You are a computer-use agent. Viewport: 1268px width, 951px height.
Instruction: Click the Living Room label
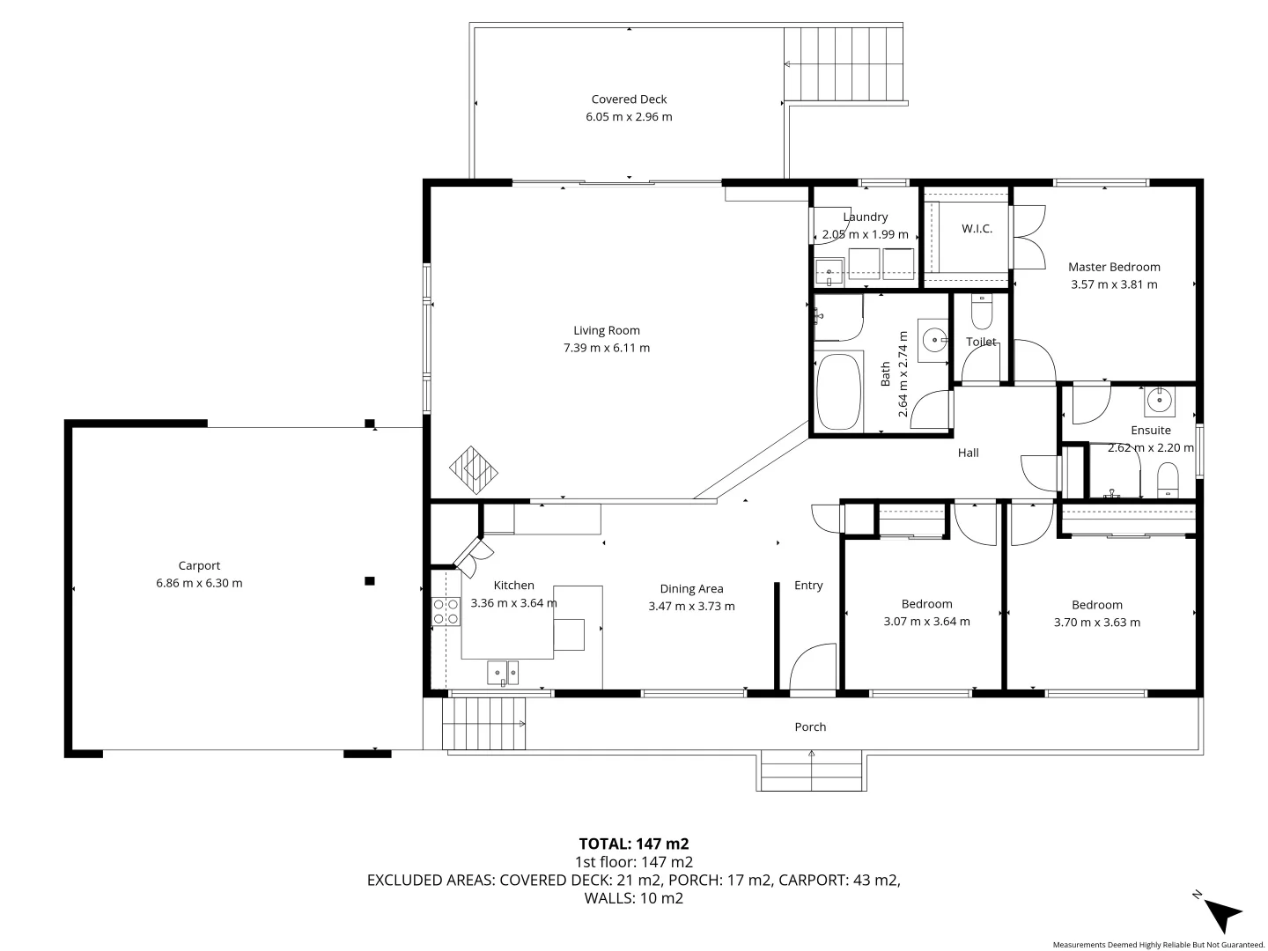coord(607,331)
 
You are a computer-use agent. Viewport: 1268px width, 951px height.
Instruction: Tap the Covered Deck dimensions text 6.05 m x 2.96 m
coord(629,117)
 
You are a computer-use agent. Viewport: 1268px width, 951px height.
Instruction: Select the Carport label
coord(199,566)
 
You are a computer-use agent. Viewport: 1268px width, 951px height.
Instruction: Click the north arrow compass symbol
coord(1221,913)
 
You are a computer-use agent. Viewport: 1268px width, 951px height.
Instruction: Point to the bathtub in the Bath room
coord(837,391)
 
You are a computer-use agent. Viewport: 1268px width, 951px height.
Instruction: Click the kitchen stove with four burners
coord(446,611)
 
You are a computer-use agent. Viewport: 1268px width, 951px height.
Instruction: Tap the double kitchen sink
coord(504,673)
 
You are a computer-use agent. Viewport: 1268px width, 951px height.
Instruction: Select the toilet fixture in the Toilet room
coord(981,312)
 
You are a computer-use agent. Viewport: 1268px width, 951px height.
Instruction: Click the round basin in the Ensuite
coord(1161,401)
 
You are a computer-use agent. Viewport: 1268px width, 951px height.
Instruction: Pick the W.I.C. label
coord(977,229)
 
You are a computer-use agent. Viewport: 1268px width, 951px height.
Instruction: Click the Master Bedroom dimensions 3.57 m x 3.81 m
coord(1114,284)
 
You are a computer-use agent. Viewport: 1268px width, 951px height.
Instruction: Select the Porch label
coord(810,727)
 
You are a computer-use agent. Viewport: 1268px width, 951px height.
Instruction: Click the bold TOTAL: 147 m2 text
coord(633,844)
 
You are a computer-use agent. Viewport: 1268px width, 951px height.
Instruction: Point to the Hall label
coord(968,453)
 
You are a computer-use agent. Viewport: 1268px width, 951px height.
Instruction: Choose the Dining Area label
coord(691,589)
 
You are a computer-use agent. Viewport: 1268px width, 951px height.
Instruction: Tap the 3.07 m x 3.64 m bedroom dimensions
coord(926,622)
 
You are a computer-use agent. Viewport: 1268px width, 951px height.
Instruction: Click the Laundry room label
coord(865,217)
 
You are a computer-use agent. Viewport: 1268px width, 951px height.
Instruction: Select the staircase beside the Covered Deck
coord(844,64)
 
